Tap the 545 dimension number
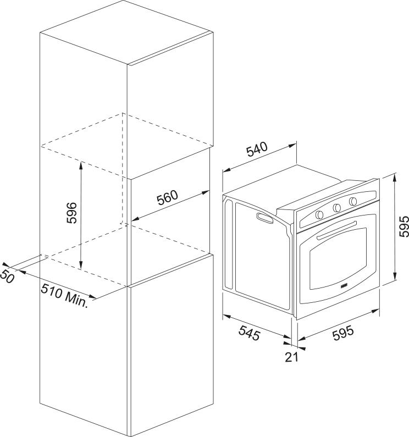point(249,333)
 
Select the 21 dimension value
point(291,357)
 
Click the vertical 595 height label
point(404,226)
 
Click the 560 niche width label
point(168,198)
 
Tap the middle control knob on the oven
point(336,207)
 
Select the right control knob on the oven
point(353,201)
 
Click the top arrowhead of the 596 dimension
point(81,164)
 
